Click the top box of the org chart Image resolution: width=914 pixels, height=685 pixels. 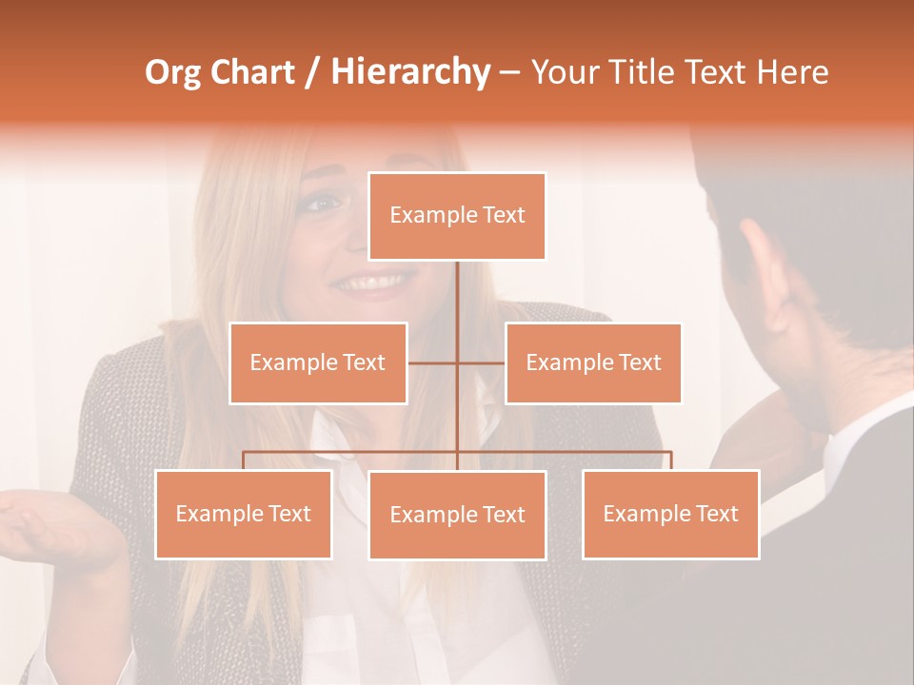pyautogui.click(x=457, y=216)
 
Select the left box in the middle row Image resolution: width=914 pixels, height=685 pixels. pyautogui.click(x=318, y=362)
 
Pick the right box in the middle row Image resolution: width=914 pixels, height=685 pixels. pyautogui.click(x=593, y=362)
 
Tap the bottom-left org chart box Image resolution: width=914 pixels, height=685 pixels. pyautogui.click(x=244, y=515)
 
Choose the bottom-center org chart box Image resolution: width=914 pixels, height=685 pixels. pyautogui.click(x=457, y=516)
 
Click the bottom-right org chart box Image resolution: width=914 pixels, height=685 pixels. pyautogui.click(x=670, y=515)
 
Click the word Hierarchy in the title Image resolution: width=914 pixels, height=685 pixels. pyautogui.click(x=409, y=72)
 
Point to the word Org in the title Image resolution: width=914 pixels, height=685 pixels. pyautogui.click(x=172, y=72)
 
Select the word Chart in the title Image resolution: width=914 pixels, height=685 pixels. pyautogui.click(x=252, y=72)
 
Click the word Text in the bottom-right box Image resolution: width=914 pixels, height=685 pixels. pyautogui.click(x=716, y=515)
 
